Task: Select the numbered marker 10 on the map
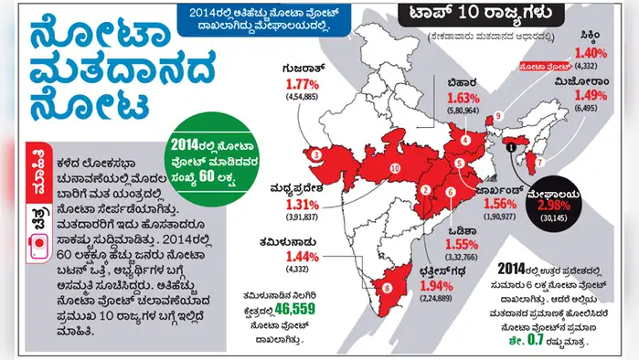click(x=395, y=169)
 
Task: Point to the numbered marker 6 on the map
click(x=449, y=191)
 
